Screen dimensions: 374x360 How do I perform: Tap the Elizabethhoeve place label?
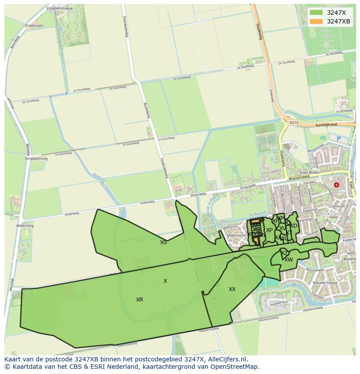(59, 8)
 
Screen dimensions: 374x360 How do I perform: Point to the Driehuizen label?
(34, 26)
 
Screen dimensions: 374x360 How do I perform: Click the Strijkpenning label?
(36, 159)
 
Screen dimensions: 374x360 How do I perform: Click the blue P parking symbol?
(339, 139)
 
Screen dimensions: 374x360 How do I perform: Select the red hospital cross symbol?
(336, 185)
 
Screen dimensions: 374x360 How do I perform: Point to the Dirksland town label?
(343, 214)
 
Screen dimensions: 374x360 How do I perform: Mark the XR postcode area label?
(140, 300)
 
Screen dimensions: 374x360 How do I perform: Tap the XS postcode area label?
(163, 242)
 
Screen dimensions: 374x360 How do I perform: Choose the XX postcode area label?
(232, 289)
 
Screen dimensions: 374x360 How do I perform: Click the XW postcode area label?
(289, 260)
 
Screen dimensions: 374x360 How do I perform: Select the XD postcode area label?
(294, 226)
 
